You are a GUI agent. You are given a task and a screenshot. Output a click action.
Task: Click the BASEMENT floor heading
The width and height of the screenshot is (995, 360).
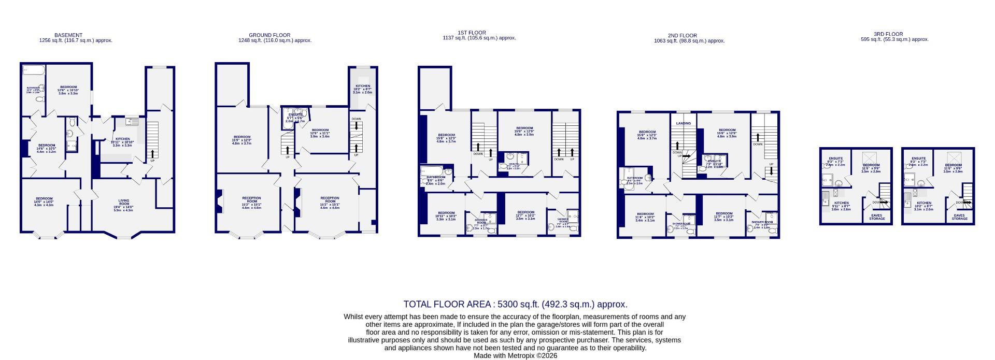68,35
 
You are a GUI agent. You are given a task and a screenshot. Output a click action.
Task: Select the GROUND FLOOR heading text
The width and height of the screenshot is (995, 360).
269,35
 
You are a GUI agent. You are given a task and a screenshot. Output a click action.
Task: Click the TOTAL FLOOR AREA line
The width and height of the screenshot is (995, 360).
515,304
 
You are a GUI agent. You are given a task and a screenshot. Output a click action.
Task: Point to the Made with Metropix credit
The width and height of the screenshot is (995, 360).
515,356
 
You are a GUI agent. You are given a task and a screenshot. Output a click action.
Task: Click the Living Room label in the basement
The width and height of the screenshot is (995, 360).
123,203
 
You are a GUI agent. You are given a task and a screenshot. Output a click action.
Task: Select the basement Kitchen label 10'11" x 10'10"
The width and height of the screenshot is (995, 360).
122,142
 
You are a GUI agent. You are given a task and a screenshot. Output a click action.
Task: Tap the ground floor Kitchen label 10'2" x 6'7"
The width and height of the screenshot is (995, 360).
363,89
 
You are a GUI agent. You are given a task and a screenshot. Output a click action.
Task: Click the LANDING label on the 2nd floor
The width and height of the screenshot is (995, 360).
684,123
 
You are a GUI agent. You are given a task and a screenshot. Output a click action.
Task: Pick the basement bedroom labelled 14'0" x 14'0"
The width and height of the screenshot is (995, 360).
44,201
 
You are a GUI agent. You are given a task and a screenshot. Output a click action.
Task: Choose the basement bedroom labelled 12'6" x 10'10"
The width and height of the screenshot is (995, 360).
68,90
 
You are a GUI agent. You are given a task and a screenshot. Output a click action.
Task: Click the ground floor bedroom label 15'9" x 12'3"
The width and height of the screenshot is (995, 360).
241,140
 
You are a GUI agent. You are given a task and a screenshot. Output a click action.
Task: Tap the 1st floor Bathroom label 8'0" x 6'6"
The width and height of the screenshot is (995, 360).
436,180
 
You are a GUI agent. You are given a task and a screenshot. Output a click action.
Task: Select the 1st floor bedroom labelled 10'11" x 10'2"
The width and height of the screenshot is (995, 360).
446,215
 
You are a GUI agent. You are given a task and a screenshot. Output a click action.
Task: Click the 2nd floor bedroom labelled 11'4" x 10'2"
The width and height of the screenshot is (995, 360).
645,217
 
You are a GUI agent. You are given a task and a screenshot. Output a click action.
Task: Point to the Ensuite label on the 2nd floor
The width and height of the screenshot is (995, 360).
715,161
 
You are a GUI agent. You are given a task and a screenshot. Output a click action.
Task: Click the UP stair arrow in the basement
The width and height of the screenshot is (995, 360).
152,154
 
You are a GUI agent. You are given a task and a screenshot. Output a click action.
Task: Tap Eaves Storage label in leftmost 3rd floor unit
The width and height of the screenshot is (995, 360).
877,217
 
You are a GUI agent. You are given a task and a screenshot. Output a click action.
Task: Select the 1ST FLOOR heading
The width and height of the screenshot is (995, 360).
472,33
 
